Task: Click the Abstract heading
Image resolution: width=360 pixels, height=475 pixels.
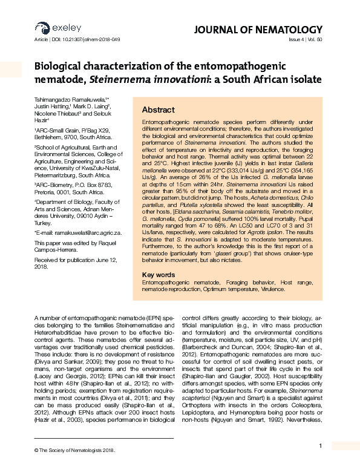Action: click(159, 110)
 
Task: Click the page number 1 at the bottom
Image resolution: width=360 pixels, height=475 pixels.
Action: click(319, 446)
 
